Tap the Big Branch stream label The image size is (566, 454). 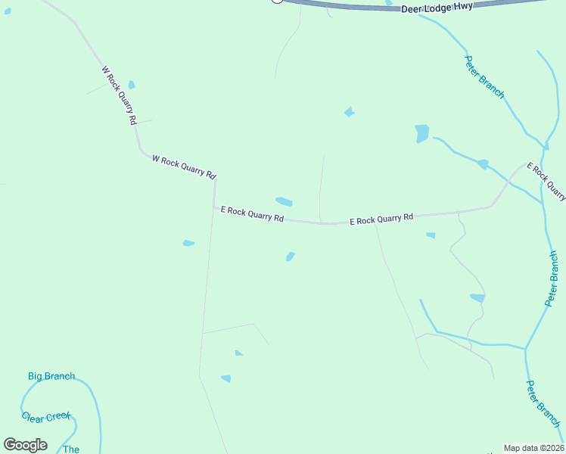tap(51, 376)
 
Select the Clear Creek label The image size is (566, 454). tap(46, 417)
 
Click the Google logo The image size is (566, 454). tap(25, 444)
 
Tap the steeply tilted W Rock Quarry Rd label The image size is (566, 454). tap(120, 95)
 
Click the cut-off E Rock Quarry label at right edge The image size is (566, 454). tap(546, 182)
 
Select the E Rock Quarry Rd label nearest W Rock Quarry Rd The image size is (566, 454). tap(252, 214)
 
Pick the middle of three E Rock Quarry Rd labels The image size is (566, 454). tap(381, 219)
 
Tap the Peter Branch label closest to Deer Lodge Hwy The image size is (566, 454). tap(484, 76)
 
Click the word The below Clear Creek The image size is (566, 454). tap(71, 449)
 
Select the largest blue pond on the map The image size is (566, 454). tap(421, 133)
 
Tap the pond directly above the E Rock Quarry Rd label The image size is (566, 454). tap(284, 201)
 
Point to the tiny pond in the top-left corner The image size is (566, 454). tap(8, 11)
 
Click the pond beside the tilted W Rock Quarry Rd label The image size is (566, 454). tap(132, 85)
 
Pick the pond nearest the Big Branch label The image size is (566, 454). tap(225, 378)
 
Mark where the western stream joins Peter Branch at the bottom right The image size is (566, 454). tap(525, 349)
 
